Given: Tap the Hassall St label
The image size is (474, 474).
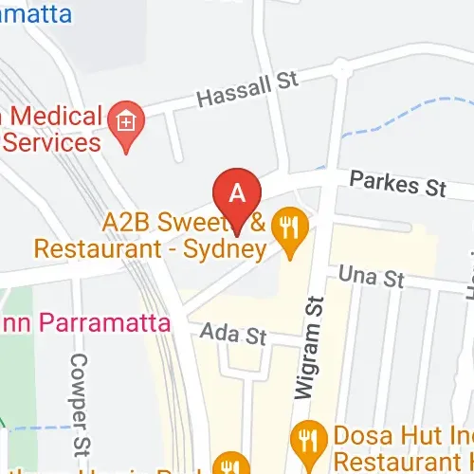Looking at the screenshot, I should pos(246,90).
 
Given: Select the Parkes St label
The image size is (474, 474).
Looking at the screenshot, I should pos(397,184).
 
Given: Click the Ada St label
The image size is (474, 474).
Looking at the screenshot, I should pos(236,334).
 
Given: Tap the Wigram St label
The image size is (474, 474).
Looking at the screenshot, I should pos(313,341).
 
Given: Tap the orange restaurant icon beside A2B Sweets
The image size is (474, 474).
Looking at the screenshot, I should pos(286,228).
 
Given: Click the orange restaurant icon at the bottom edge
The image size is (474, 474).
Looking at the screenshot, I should pos(228,465).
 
